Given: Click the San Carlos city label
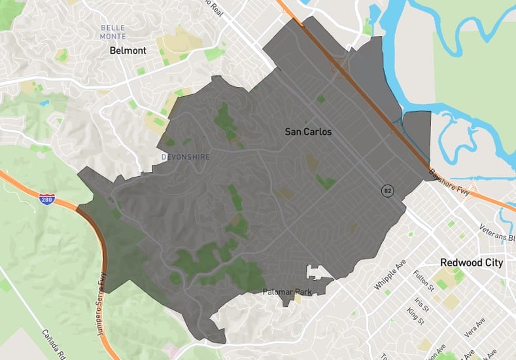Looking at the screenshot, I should (308, 132).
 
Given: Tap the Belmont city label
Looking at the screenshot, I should (128, 50).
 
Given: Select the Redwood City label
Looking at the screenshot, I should (472, 262).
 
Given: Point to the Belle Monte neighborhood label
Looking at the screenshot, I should (114, 32).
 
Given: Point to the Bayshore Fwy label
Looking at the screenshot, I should (451, 184).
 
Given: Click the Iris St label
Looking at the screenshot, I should (421, 304).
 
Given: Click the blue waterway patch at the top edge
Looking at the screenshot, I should (375, 13).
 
